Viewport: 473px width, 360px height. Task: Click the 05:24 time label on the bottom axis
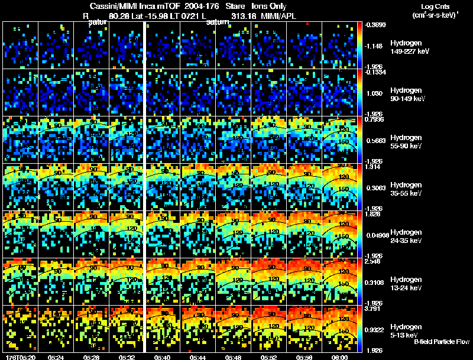[x=56, y=357]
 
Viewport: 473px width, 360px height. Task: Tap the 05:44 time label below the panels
[x=198, y=357]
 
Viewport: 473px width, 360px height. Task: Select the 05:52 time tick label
[x=268, y=357]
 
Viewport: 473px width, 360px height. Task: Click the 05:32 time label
[x=127, y=357]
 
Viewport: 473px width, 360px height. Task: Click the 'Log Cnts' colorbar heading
[x=429, y=5]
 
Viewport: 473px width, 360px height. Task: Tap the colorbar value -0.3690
[x=375, y=24]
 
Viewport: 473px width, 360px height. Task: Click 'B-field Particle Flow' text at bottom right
[x=441, y=342]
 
